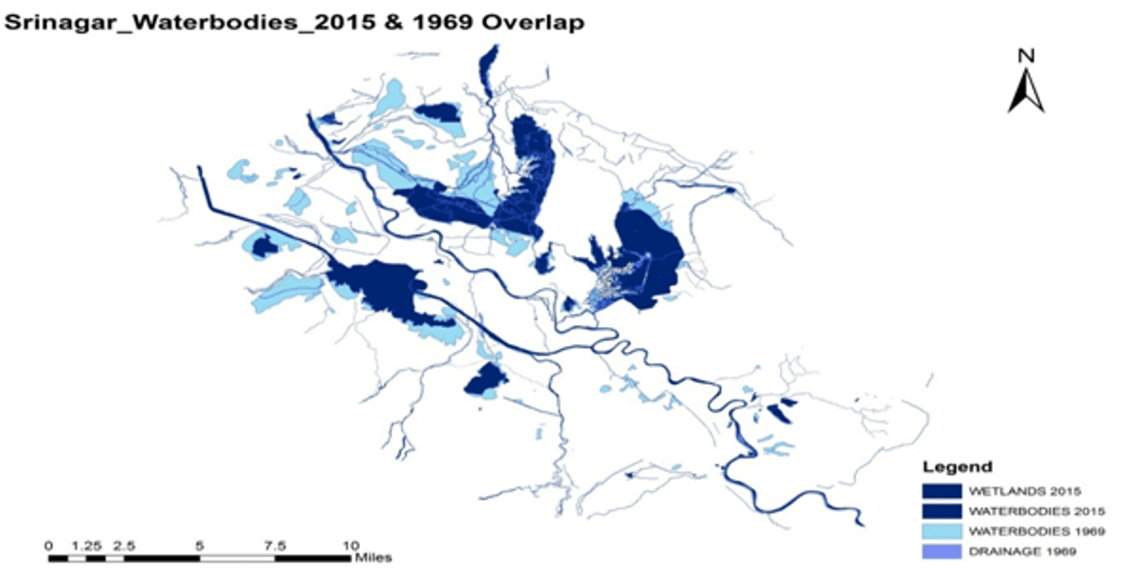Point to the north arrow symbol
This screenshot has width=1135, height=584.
pyautogui.click(x=1026, y=91)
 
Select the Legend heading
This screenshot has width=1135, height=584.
pyautogui.click(x=956, y=467)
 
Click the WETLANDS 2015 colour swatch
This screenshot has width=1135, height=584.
pyautogui.click(x=941, y=490)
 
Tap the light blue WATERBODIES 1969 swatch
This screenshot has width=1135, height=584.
pyautogui.click(x=941, y=530)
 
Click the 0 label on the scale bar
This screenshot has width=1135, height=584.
pyautogui.click(x=49, y=545)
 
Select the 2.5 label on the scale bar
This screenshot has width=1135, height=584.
pyautogui.click(x=125, y=545)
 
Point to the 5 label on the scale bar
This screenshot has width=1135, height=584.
pyautogui.click(x=200, y=545)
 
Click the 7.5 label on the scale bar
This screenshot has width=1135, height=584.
pyautogui.click(x=275, y=545)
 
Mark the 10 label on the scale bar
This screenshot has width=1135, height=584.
pyautogui.click(x=349, y=545)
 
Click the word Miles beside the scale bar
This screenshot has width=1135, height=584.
pyautogui.click(x=373, y=558)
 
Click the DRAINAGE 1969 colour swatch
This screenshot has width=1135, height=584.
pyautogui.click(x=941, y=551)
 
